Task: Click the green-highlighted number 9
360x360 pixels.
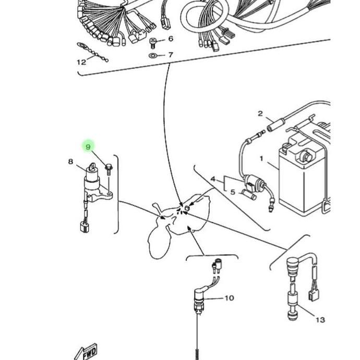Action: (88, 147)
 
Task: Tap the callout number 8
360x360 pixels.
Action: (71, 162)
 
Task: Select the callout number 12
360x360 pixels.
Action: (81, 62)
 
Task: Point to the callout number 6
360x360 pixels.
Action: (171, 39)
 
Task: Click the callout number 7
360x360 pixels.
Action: (171, 55)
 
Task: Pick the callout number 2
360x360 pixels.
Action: (260, 113)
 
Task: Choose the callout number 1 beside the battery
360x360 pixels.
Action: (261, 159)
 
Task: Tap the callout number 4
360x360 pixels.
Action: (213, 179)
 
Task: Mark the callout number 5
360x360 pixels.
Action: (233, 192)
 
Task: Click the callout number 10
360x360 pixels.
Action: (229, 298)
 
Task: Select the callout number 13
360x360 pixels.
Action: (320, 320)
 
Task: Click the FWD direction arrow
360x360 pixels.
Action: (86, 352)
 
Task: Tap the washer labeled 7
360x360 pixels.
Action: (152, 55)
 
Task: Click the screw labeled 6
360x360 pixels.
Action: (153, 43)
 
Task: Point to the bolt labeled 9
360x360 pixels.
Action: (109, 170)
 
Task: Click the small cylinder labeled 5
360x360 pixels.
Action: (248, 195)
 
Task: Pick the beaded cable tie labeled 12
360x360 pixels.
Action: (92, 52)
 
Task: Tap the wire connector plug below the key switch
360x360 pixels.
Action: (85, 226)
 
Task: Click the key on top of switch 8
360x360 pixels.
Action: (92, 166)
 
